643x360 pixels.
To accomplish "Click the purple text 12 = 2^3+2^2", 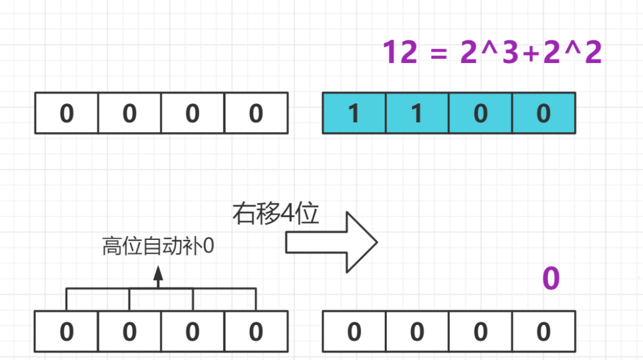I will (x=492, y=52).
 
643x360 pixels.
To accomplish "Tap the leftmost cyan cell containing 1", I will (x=354, y=113).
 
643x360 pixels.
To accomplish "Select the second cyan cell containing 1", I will (x=417, y=113).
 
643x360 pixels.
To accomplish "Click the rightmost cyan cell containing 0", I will (x=544, y=113).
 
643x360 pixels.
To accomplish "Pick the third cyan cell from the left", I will (x=481, y=113).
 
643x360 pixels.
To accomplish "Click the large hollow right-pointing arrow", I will (x=331, y=242).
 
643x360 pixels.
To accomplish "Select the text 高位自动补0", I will (x=158, y=246).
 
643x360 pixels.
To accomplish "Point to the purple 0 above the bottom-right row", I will (x=551, y=278).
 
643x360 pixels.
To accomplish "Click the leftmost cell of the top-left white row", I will (x=67, y=113).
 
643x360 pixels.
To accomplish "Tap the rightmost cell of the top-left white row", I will (x=256, y=113).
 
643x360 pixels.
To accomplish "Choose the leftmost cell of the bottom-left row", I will (x=67, y=331).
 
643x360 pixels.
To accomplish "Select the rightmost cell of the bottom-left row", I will (x=256, y=331).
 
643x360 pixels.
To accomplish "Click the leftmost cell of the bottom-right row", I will (x=354, y=331).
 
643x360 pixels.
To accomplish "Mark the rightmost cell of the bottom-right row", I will (x=544, y=331).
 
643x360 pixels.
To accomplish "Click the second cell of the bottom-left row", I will (x=130, y=331).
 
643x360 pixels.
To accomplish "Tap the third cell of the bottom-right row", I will (x=481, y=331).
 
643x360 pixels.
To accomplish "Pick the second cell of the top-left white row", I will (x=130, y=113).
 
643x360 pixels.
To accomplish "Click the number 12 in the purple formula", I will (x=400, y=52).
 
